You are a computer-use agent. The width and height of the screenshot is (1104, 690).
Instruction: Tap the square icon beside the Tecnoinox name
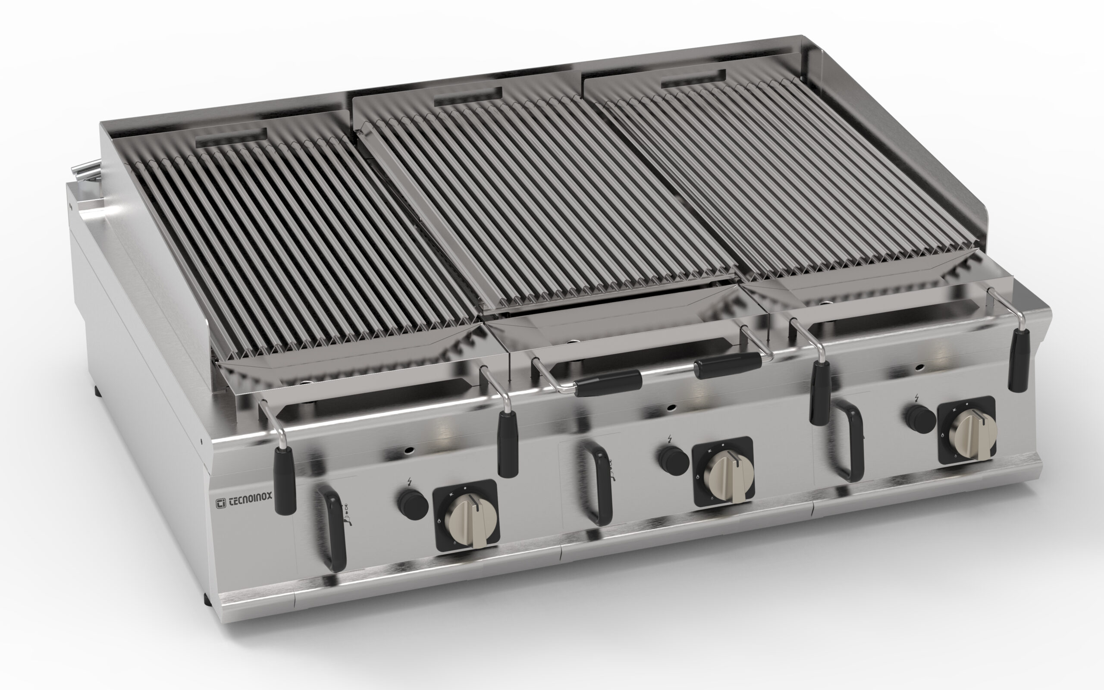click(221, 503)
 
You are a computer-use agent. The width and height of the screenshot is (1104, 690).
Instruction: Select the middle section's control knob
click(726, 475)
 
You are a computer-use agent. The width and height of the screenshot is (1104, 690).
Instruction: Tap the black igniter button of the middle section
click(673, 460)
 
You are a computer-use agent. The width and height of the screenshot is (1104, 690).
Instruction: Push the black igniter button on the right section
click(919, 418)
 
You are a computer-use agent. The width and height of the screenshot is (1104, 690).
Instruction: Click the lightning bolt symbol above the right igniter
click(917, 398)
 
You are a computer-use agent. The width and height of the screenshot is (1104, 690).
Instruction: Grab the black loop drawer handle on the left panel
click(329, 527)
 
